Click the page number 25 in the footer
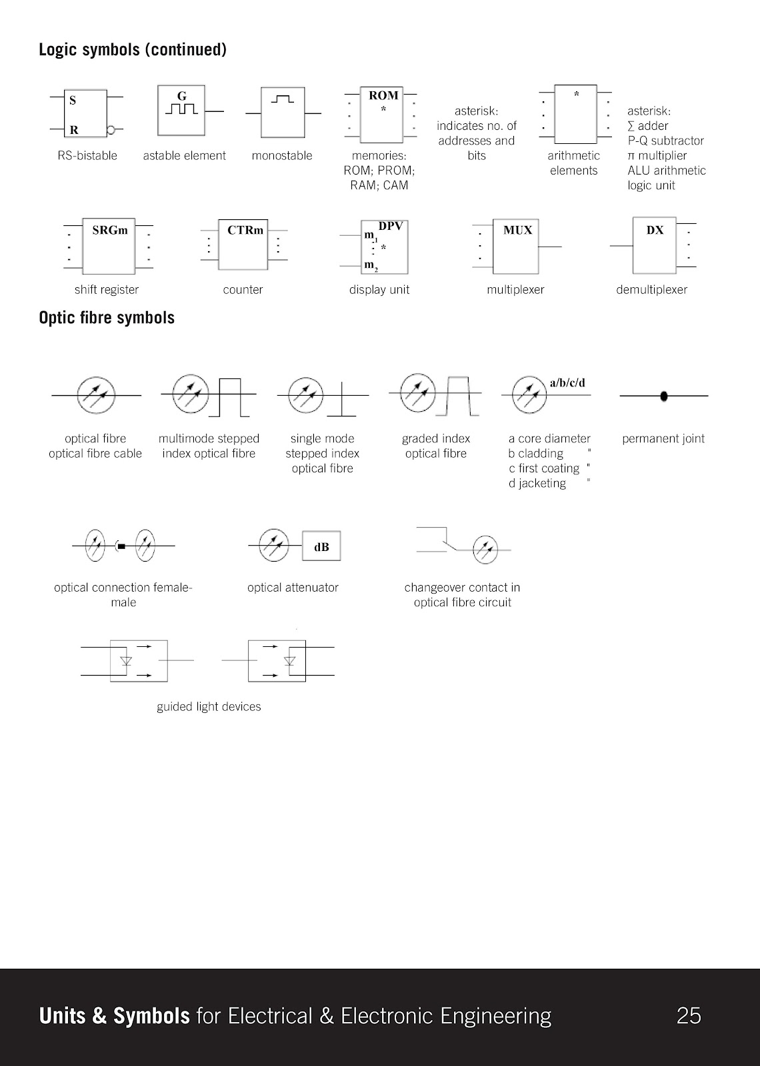click(x=689, y=1015)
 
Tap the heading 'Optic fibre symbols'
click(x=107, y=318)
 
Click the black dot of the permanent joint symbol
click(x=664, y=396)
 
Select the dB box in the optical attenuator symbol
click(x=321, y=547)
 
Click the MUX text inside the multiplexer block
click(x=517, y=231)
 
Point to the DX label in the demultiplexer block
click(x=655, y=231)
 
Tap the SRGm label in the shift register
click(x=110, y=231)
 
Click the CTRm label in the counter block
click(x=245, y=231)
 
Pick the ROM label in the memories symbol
click(x=383, y=96)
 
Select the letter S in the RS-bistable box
click(x=73, y=101)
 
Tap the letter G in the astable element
click(x=181, y=96)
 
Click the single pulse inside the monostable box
click(x=282, y=99)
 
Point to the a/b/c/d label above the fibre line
click(x=567, y=383)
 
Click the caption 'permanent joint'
click(x=663, y=438)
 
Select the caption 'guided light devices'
click(x=209, y=707)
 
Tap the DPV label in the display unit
click(x=391, y=227)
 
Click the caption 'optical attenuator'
click(x=293, y=588)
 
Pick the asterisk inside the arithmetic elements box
click(x=576, y=95)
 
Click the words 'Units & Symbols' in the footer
click(x=115, y=1015)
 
